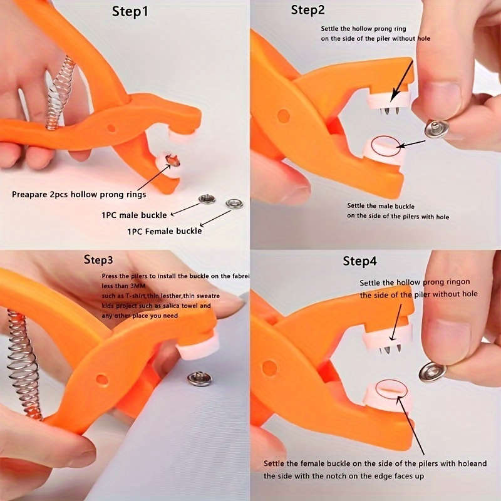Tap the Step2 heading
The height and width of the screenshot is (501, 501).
(x=308, y=10)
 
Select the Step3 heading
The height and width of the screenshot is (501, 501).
(x=98, y=259)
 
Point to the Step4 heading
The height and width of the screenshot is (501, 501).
(x=359, y=261)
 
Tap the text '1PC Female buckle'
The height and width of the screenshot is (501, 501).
(x=165, y=230)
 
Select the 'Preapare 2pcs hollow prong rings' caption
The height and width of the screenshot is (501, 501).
(x=79, y=194)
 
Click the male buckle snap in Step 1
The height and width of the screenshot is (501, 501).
(x=207, y=199)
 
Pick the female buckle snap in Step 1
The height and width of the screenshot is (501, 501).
(x=234, y=204)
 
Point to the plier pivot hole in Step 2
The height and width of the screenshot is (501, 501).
(x=284, y=116)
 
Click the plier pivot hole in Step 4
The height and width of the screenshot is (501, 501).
(x=270, y=368)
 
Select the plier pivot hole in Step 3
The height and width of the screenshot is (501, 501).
(x=102, y=380)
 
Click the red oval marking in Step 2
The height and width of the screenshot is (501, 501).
(x=386, y=145)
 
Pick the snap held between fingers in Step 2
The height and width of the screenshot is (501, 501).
(x=436, y=128)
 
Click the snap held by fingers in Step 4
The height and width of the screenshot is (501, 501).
(x=432, y=371)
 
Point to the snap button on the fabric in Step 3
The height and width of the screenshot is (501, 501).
(x=200, y=378)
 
